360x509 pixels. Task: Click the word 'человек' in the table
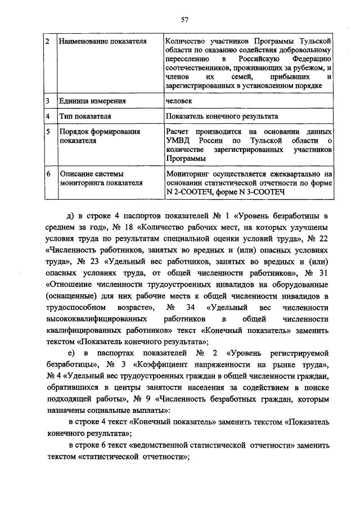pyautogui.click(x=179, y=101)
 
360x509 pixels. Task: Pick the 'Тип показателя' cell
pyautogui.click(x=85, y=116)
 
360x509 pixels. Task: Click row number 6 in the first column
pyautogui.click(x=48, y=174)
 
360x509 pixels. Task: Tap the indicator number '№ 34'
pyautogui.click(x=175, y=307)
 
